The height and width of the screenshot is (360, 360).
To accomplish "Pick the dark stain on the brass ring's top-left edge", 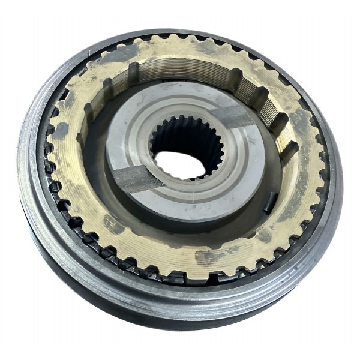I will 120,54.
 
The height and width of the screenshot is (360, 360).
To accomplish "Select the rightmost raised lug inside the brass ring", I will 288,150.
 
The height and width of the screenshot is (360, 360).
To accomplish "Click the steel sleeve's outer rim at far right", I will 336,180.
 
